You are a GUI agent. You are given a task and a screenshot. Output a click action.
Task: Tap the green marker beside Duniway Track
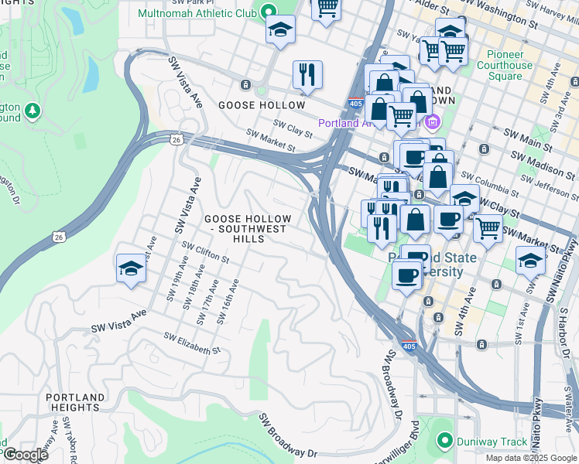444,442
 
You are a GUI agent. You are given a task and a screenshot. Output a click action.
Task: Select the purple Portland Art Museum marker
432,122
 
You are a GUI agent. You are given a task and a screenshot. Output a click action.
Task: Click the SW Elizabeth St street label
192,343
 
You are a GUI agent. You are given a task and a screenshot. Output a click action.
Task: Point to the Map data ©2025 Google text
531,458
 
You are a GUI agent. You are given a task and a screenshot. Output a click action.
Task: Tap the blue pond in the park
91,74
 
